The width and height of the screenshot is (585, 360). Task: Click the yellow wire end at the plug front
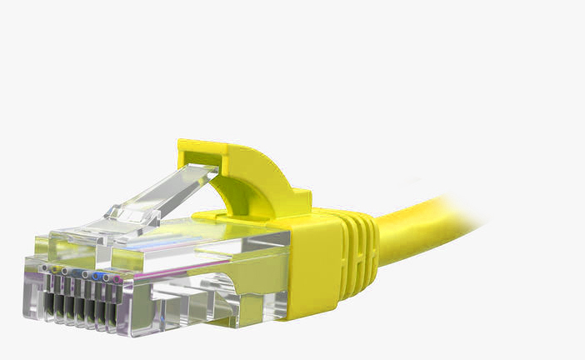click(54, 269)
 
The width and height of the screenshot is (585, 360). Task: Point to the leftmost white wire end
click(44, 267)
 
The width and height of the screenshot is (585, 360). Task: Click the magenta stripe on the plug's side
click(208, 275)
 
